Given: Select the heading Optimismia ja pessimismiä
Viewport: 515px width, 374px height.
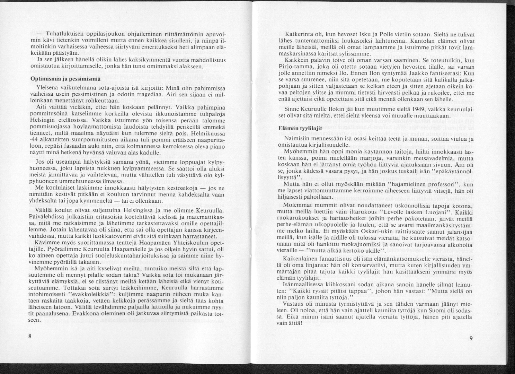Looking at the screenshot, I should point(61,77).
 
